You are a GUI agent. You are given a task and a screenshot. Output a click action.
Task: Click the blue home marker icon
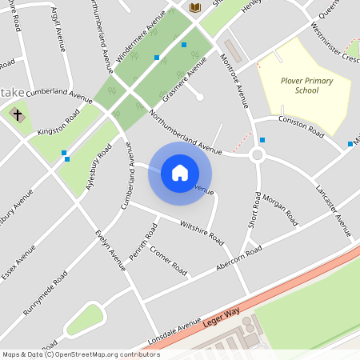[x=180, y=173]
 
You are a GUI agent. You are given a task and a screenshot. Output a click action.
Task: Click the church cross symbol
[x=16, y=114]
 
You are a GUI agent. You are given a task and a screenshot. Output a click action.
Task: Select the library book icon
[x=195, y=7]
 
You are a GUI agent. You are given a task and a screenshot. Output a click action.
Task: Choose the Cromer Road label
[x=168, y=261]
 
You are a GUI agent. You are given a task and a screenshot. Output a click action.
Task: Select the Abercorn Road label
[x=237, y=260]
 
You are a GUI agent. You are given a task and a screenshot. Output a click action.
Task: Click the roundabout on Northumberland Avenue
[x=257, y=155]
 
